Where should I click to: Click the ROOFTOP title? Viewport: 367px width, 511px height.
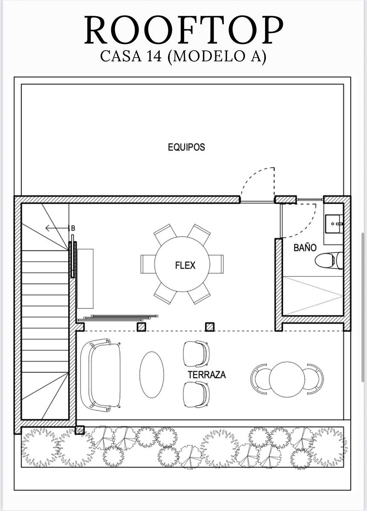click(184, 30)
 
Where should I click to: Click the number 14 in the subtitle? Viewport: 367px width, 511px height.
click(154, 56)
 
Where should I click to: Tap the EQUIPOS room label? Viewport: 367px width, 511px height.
click(186, 147)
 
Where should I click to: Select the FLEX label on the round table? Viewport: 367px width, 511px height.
click(185, 265)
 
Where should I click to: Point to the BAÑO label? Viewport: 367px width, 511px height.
click(305, 248)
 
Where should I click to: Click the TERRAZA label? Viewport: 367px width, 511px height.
click(207, 375)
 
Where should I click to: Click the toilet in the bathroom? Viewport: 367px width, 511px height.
click(329, 261)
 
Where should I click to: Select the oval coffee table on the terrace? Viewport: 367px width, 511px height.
click(152, 375)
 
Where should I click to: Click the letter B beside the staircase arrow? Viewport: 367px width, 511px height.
click(73, 228)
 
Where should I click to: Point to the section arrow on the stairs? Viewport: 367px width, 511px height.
click(57, 228)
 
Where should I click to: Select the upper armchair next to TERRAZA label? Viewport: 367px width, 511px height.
click(196, 354)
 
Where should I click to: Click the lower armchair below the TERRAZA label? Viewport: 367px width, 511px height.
click(196, 395)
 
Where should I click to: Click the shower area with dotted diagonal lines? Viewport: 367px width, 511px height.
click(313, 296)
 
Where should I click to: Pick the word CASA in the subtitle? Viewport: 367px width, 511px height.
click(121, 56)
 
